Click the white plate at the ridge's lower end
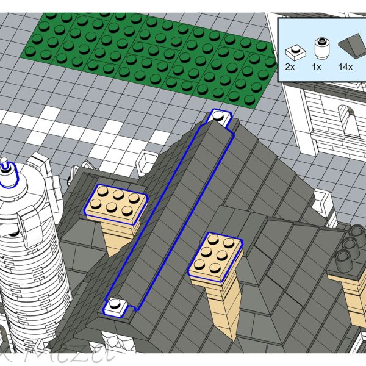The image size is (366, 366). (x=120, y=307)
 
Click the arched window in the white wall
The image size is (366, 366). (x=346, y=121)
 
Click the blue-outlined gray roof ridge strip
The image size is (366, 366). (x=171, y=210)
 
